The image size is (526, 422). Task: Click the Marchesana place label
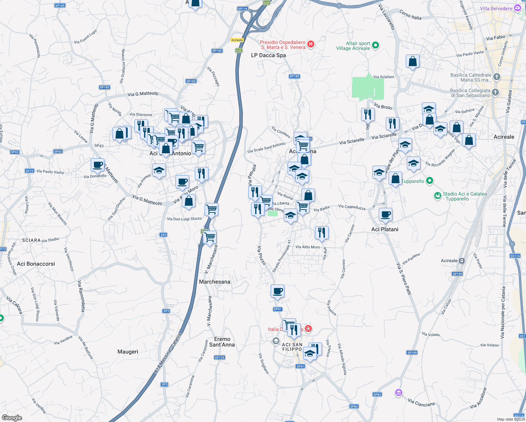click(214, 282)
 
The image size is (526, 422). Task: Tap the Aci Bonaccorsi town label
click(36, 264)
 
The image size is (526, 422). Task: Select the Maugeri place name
click(128, 352)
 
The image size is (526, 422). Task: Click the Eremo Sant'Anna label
click(222, 342)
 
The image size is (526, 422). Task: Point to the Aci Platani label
click(385, 229)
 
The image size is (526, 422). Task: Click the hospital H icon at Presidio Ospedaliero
click(310, 44)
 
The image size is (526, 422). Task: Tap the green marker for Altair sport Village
click(375, 45)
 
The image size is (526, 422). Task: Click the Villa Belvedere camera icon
click(518, 8)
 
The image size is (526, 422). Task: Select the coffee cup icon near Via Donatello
click(97, 165)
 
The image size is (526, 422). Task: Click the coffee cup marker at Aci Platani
click(385, 214)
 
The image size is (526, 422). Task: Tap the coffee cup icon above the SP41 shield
click(277, 291)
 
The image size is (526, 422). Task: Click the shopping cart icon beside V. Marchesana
click(210, 237)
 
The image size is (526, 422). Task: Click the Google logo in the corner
click(12, 417)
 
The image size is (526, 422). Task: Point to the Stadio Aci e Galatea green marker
click(437, 196)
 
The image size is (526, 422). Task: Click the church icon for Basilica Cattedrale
click(496, 77)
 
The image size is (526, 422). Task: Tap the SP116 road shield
click(243, 9)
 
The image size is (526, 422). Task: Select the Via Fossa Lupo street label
click(85, 37)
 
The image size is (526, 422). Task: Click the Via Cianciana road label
click(421, 403)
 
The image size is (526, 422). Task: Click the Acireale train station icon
click(462, 261)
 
